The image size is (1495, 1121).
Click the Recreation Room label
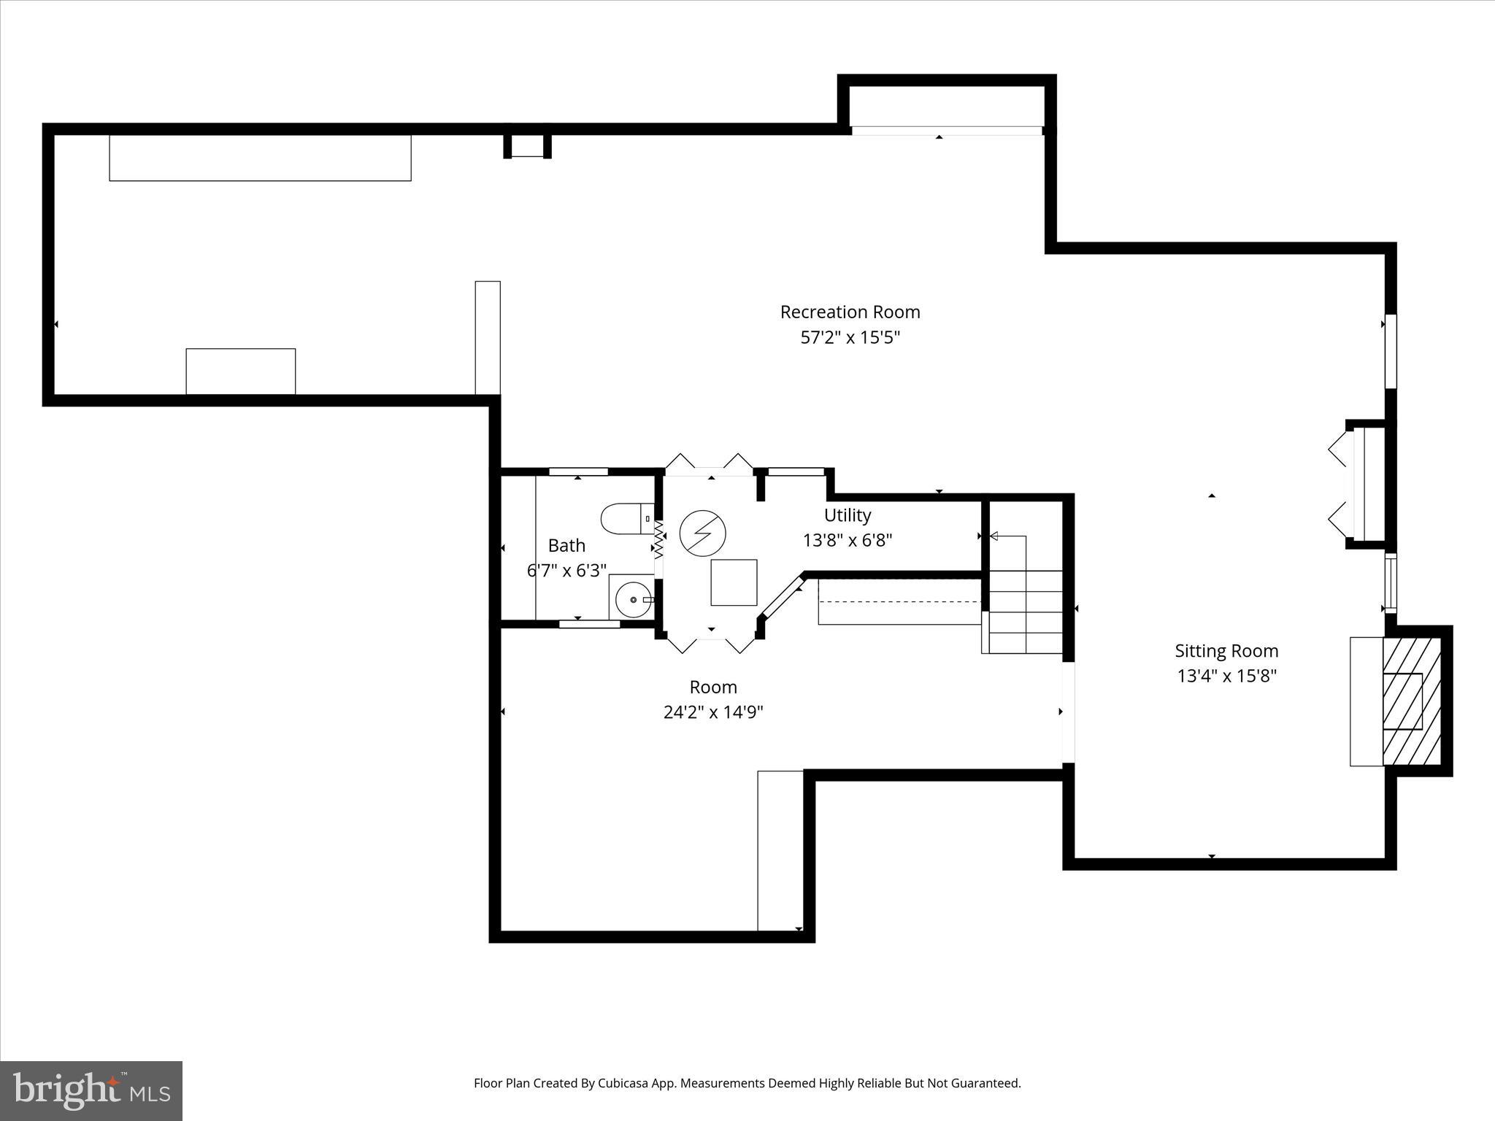point(850,312)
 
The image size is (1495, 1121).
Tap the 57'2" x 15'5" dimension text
point(850,338)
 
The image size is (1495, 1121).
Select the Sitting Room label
point(1226,651)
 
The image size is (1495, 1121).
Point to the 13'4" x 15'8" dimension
point(1226,676)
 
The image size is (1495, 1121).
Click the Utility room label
point(848,515)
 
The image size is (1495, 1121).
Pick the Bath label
point(566,545)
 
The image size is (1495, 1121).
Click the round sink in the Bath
point(632,600)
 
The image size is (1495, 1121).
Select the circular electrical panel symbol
point(702,532)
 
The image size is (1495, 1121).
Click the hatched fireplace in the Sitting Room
point(1412,701)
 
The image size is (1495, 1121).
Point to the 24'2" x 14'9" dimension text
point(713,712)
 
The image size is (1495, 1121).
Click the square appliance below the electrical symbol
point(734,582)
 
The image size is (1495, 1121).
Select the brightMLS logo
point(91,1090)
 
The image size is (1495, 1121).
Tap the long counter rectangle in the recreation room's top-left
point(260,158)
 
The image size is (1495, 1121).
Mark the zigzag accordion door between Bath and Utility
point(658,540)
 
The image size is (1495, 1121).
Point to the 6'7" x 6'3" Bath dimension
point(566,571)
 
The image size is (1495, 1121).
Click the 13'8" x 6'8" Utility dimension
point(848,541)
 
